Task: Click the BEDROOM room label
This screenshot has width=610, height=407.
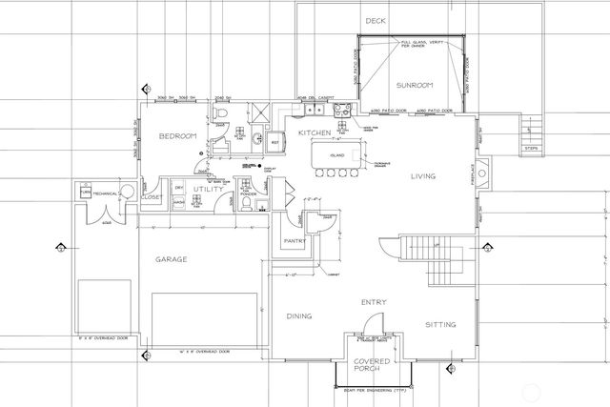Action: [177, 136]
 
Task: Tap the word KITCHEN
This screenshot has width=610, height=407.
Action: [314, 132]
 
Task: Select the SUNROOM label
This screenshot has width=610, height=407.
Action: [416, 85]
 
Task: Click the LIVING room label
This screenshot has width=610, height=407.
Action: [424, 176]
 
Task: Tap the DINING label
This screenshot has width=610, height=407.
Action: [301, 316]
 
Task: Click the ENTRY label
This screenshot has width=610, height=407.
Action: [373, 302]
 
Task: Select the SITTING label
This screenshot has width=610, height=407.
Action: [440, 324]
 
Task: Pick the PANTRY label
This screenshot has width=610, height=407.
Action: [294, 241]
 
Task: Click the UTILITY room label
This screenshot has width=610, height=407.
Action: [207, 191]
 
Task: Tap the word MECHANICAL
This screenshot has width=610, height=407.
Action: [105, 193]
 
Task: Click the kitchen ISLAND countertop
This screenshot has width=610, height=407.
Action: [336, 153]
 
